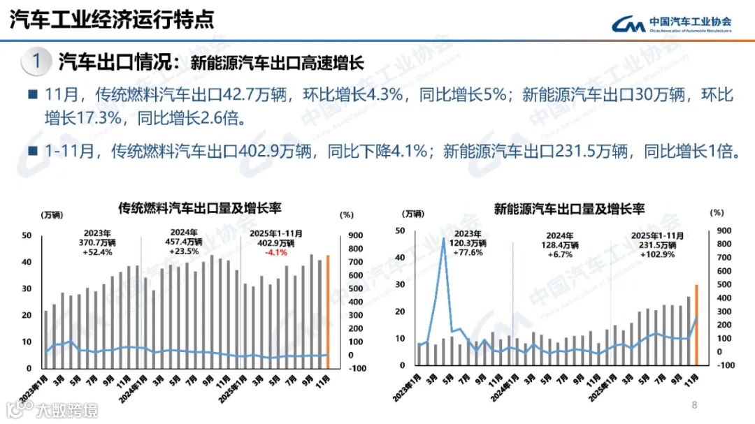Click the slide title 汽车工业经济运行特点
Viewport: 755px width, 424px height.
click(112, 20)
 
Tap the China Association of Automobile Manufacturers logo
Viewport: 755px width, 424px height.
click(672, 24)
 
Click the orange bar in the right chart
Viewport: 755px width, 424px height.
click(696, 325)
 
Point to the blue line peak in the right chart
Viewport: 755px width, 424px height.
click(444, 240)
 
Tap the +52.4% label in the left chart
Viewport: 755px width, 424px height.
click(98, 252)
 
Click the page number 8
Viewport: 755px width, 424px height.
click(694, 404)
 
